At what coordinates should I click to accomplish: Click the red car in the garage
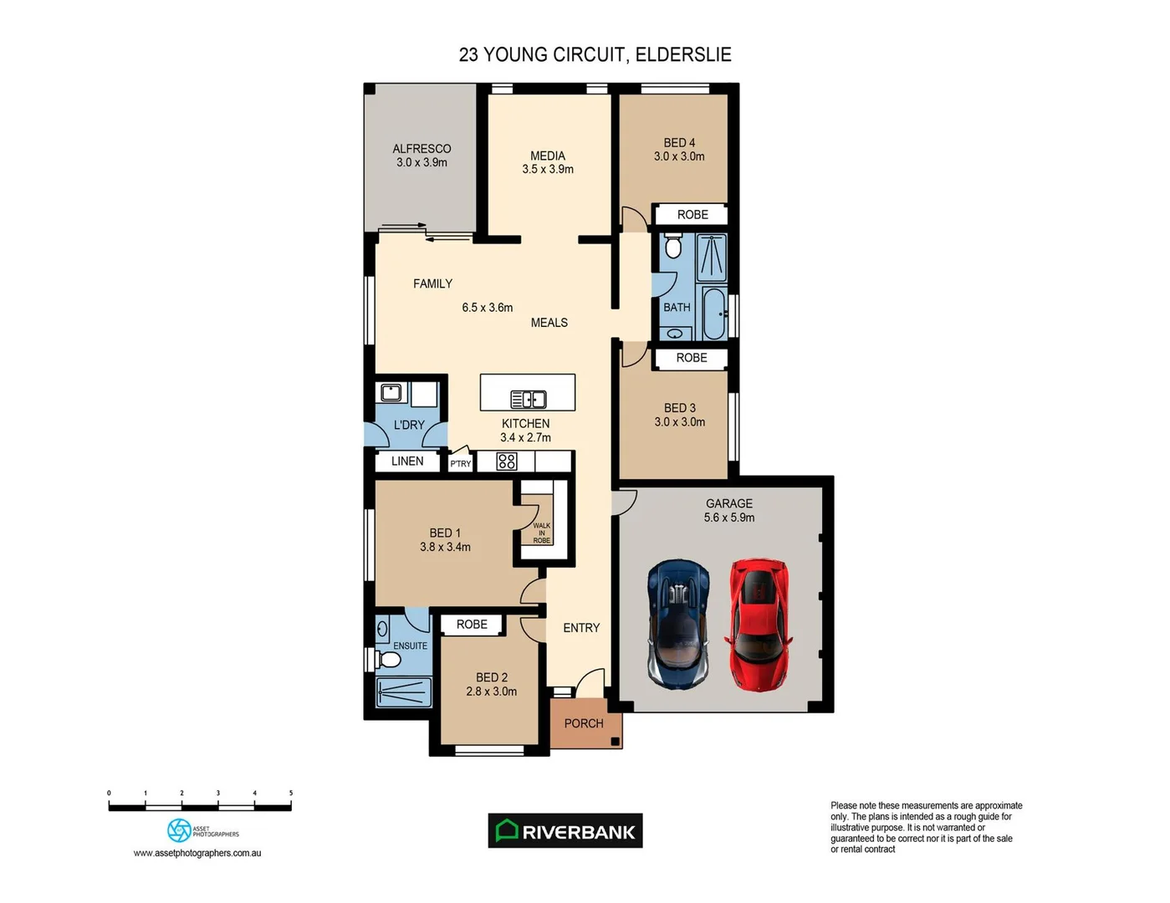pos(759,625)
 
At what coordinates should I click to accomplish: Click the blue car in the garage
pos(678,624)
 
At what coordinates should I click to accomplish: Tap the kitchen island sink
pos(529,400)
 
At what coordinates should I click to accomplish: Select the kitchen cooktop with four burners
pos(507,462)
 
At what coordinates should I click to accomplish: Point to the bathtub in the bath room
pos(714,314)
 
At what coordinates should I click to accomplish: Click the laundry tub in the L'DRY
pos(391,393)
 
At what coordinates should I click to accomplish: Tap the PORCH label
pos(584,723)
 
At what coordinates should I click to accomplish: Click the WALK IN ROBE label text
pos(542,533)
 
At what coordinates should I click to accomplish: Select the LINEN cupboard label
pos(407,461)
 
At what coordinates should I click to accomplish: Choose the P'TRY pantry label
pos(461,463)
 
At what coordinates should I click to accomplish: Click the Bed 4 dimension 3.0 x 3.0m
pos(679,156)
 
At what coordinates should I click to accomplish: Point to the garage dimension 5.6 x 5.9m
pos(729,518)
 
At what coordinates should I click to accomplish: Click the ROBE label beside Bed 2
pos(472,624)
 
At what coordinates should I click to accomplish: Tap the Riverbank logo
pos(565,831)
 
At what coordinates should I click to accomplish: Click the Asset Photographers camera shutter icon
pos(179,830)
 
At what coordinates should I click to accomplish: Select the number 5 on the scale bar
pos(291,793)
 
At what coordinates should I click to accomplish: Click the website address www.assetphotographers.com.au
pos(197,853)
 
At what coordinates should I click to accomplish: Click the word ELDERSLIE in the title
pos(683,54)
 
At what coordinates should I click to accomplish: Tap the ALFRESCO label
pos(422,149)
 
